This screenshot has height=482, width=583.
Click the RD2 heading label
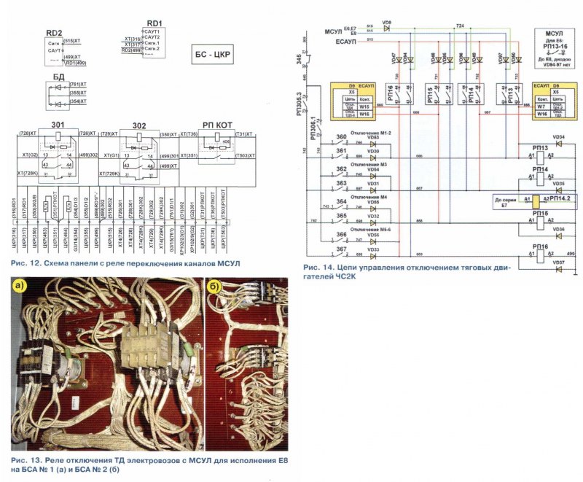click(x=54, y=33)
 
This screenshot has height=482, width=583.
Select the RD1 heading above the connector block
click(x=154, y=23)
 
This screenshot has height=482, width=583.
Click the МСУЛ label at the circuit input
click(x=332, y=31)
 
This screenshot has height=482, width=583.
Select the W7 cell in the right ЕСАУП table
click(x=541, y=108)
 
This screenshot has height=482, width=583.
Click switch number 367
click(x=342, y=249)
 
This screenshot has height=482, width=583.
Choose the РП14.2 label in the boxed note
click(x=560, y=198)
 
